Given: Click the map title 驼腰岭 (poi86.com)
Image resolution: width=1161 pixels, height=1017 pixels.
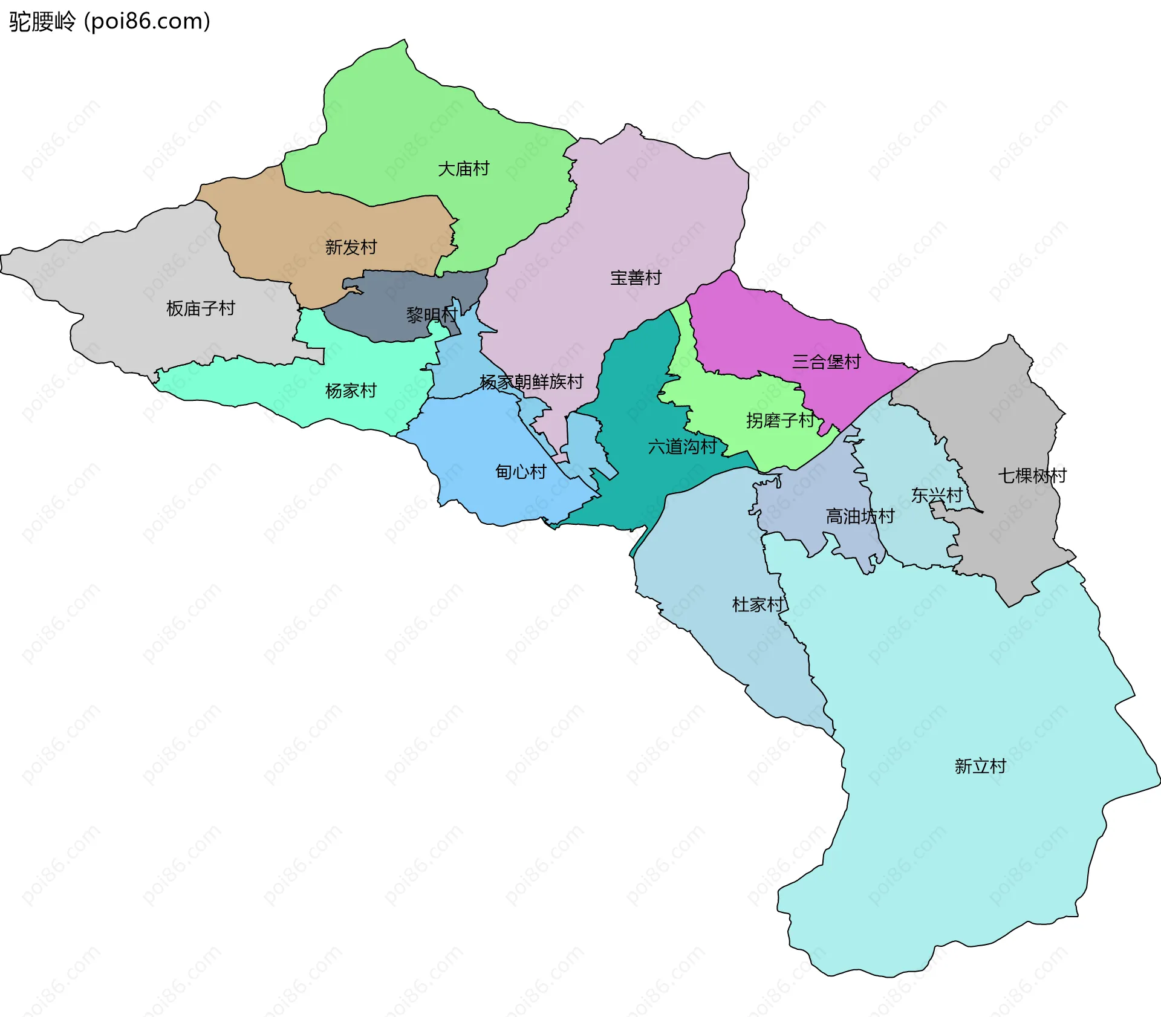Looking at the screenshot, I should point(109,21).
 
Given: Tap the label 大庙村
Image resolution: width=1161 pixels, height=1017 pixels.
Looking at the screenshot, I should point(463,169).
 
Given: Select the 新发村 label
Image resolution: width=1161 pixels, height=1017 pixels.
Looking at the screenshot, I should point(351,247).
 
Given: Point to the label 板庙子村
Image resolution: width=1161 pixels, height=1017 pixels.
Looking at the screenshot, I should point(200,308).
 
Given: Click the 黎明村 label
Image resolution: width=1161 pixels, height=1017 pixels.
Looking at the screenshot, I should point(431,315).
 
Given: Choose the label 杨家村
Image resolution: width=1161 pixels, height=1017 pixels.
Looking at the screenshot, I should point(351,391).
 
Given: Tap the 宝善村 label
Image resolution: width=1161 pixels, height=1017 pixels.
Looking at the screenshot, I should point(636,278).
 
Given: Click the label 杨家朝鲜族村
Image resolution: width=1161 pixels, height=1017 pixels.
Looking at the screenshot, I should point(532,382).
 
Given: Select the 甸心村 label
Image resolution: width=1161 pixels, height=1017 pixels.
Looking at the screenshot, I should point(521,472).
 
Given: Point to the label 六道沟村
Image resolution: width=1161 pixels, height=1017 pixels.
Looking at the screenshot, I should point(682,447).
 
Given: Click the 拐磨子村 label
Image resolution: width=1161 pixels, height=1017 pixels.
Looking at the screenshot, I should point(780,420).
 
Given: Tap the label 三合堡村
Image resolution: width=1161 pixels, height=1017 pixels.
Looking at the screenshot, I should point(826,362).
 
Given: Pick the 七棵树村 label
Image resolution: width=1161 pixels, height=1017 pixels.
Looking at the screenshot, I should point(1032,476).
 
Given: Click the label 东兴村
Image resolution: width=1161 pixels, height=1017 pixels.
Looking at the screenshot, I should point(937,496).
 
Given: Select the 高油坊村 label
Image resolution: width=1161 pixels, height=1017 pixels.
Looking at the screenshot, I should point(860,516).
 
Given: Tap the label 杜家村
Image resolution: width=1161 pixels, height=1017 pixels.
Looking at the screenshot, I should point(758,605).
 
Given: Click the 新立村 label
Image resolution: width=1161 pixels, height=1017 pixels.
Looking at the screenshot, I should point(980,767).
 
